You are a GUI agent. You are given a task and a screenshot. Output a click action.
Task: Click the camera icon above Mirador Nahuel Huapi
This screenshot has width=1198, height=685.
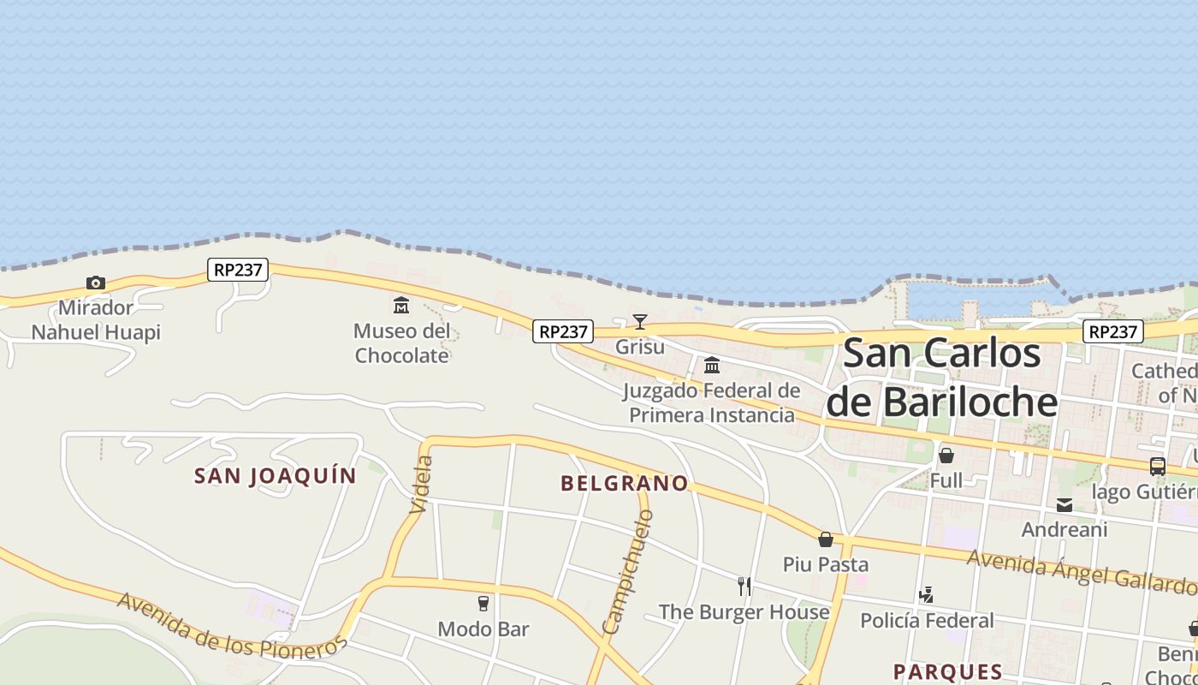coord(96,283)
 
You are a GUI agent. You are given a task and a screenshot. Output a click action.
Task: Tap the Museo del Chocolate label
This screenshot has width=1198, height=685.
coord(401,343)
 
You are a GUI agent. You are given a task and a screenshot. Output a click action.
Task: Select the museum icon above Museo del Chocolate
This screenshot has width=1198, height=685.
coord(401,306)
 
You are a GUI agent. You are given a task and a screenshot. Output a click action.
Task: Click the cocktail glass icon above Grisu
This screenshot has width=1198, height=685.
coord(640,322)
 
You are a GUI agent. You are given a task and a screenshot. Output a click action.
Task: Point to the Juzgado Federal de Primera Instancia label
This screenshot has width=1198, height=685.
coord(712,403)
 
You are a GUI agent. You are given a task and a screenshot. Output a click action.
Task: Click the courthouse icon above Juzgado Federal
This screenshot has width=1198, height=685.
coord(712,366)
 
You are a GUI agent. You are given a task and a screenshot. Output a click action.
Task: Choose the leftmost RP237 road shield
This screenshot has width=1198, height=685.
coord(238,270)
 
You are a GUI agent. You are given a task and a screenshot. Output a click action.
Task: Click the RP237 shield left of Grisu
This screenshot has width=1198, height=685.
coord(563,331)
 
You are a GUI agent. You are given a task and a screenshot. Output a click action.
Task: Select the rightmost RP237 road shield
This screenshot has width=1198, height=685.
coord(1113,331)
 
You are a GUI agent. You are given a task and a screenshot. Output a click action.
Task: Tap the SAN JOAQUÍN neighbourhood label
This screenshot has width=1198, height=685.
coord(276,476)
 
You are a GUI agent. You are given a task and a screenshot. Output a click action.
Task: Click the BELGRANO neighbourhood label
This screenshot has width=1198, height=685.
coord(625,484)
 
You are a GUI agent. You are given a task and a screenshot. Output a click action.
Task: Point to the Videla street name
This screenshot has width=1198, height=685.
coord(421,485)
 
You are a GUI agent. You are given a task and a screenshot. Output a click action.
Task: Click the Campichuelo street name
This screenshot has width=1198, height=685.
coord(628,572)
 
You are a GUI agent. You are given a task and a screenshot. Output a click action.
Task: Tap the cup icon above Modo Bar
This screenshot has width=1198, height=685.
coord(483,604)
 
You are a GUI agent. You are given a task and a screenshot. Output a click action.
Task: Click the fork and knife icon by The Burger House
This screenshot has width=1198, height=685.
coord(744,587)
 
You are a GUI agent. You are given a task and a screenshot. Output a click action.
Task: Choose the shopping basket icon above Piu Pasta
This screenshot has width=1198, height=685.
coord(826,539)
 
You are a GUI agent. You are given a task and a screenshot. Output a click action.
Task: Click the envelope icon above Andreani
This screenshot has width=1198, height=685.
coord(1065,505)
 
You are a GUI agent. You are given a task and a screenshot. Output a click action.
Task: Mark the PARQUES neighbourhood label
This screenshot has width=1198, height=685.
coord(947,671)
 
